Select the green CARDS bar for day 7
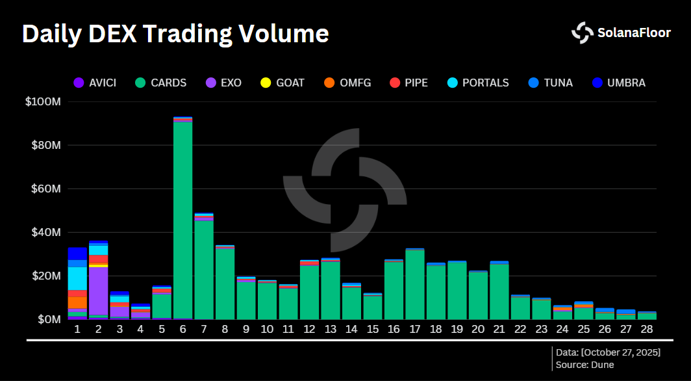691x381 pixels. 204,270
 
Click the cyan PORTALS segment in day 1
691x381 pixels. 77,278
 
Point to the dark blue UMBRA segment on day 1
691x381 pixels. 77,253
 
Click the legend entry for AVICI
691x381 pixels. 95,83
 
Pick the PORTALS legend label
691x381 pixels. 485,83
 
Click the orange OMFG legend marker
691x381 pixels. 329,83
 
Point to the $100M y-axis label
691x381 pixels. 44,102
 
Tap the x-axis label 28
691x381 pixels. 647,330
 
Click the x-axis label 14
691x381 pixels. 351,330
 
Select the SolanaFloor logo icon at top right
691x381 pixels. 582,33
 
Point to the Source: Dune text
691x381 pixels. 584,365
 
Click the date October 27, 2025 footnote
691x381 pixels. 620,352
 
